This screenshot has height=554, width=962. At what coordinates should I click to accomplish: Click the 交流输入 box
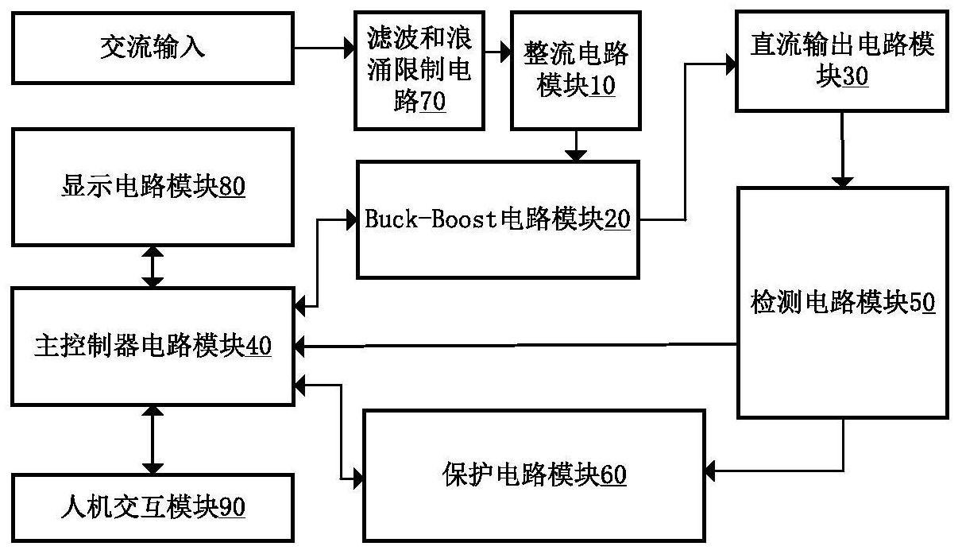pyautogui.click(x=153, y=48)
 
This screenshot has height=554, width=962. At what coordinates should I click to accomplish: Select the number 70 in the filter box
pyautogui.click(x=432, y=101)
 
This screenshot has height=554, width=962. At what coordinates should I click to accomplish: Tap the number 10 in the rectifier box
pyautogui.click(x=601, y=85)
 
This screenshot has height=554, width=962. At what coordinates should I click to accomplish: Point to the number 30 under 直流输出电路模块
pyautogui.click(x=855, y=76)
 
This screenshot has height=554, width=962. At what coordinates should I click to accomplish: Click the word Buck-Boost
pyautogui.click(x=431, y=219)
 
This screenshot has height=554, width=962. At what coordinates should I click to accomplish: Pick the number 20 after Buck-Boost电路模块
pyautogui.click(x=617, y=219)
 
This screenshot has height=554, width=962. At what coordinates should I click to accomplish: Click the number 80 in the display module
pyautogui.click(x=232, y=187)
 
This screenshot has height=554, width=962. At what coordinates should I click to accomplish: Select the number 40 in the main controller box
pyautogui.click(x=258, y=346)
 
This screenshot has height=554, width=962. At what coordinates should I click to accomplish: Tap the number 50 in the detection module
pyautogui.click(x=922, y=302)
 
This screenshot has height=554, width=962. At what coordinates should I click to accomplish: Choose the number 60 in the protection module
pyautogui.click(x=612, y=475)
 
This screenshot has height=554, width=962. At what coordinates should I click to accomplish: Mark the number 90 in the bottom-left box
pyautogui.click(x=232, y=507)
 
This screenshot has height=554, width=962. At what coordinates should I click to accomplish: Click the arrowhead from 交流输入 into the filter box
pyautogui.click(x=350, y=48)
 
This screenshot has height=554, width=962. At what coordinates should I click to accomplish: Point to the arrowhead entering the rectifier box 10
pyautogui.click(x=506, y=52)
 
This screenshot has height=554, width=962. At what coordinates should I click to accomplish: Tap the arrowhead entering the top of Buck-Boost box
pyautogui.click(x=576, y=156)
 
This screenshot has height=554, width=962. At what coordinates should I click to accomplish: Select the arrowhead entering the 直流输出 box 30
pyautogui.click(x=732, y=64)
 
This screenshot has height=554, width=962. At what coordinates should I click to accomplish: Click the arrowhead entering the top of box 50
pyautogui.click(x=843, y=182)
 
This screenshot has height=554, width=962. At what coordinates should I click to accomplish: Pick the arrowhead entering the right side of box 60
pyautogui.click(x=710, y=471)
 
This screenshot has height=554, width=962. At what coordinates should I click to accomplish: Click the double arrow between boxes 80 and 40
pyautogui.click(x=153, y=267)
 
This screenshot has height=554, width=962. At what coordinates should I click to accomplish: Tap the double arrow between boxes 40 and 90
pyautogui.click(x=153, y=440)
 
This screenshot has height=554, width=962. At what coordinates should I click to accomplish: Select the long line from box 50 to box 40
pyautogui.click(x=516, y=345)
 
